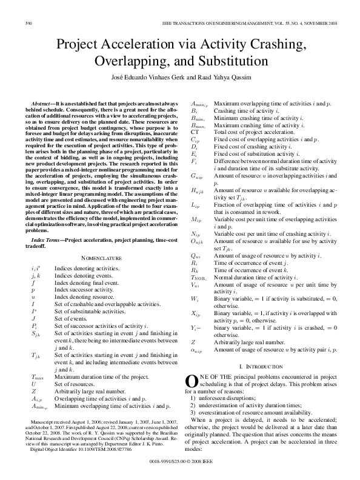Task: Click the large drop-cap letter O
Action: point(190,381)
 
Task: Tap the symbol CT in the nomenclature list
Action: point(195,132)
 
